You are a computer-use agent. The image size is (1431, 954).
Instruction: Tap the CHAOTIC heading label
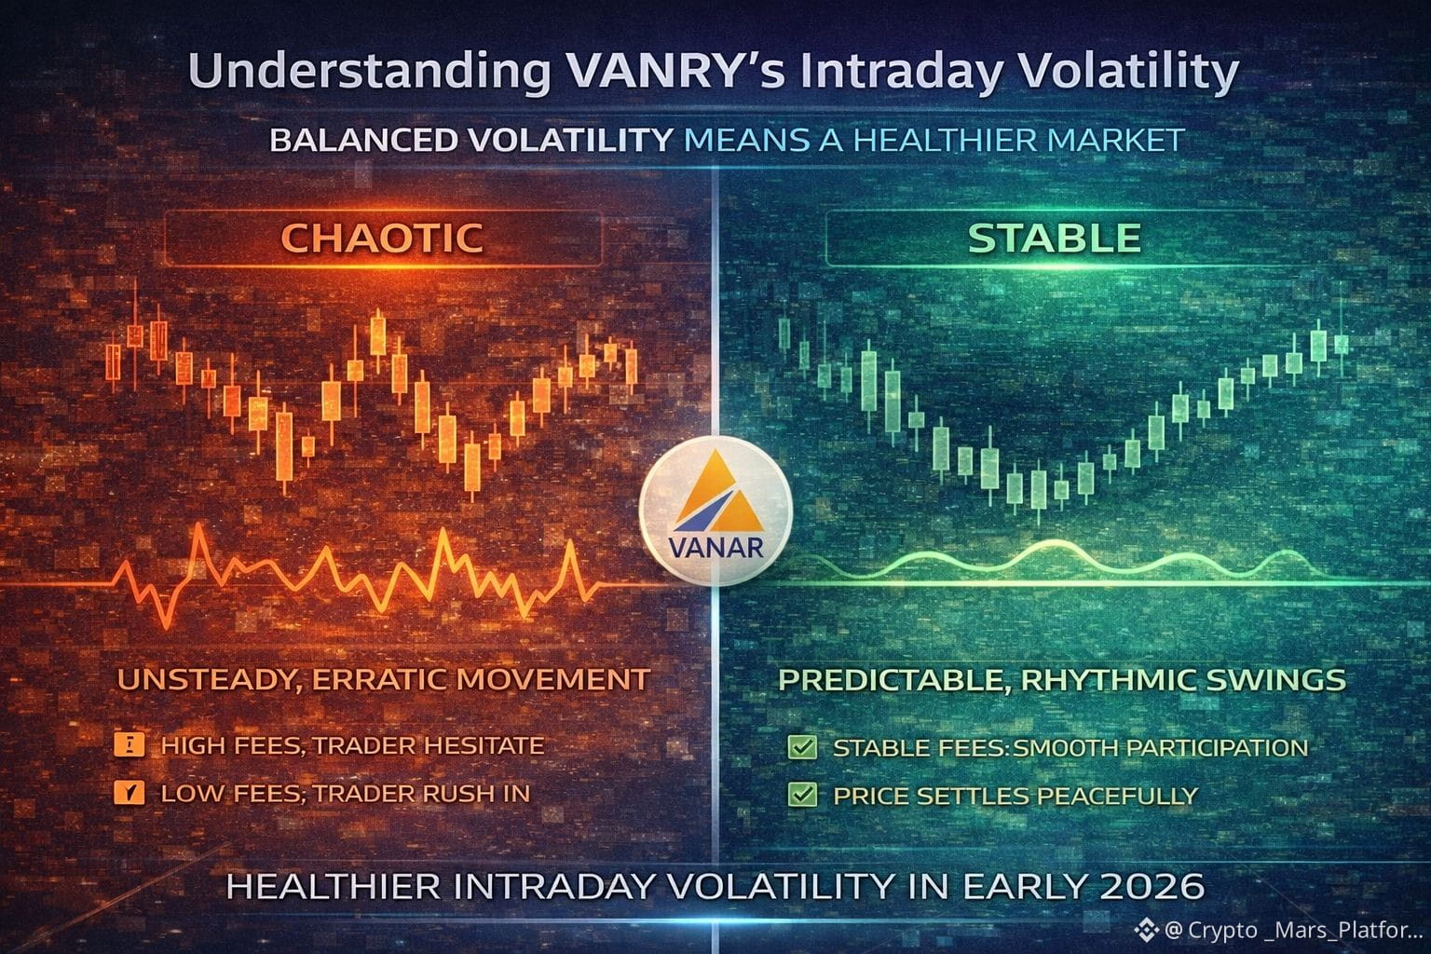[x=382, y=238]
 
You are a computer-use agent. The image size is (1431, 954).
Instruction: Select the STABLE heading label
[x=1054, y=238]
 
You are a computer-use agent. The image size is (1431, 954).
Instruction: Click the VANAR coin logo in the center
[x=715, y=511]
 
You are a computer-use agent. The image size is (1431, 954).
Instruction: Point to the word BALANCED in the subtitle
[x=363, y=141]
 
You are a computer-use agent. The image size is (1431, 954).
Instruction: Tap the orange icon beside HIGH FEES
[x=129, y=745]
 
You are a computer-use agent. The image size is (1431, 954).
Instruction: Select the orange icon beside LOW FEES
[x=129, y=793]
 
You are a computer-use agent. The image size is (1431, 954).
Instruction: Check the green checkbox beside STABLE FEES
[x=802, y=747]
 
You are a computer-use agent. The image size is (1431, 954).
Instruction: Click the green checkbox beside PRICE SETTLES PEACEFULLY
[x=802, y=795]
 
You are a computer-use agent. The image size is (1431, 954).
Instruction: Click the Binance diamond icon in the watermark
[x=1146, y=931]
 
